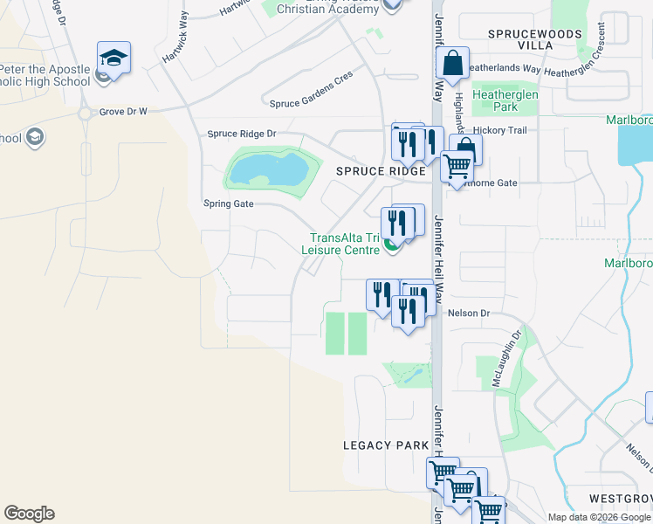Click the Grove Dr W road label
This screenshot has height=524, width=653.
point(123,112)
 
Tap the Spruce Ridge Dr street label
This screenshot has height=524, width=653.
point(241,134)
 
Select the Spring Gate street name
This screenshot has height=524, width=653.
point(228,203)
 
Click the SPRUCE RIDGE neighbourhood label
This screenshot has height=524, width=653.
point(381,172)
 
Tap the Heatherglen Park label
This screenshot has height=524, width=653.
point(495,100)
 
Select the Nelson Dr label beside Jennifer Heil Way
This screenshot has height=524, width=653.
point(469,312)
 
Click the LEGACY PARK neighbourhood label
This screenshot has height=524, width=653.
point(385,445)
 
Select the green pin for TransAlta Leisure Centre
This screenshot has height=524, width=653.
point(391,249)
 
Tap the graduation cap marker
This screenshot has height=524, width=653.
point(113,59)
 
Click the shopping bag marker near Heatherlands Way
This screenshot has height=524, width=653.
point(452,64)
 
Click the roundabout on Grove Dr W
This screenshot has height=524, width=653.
point(86,113)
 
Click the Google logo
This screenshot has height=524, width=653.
point(29,514)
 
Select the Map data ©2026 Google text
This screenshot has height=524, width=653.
point(599,517)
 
